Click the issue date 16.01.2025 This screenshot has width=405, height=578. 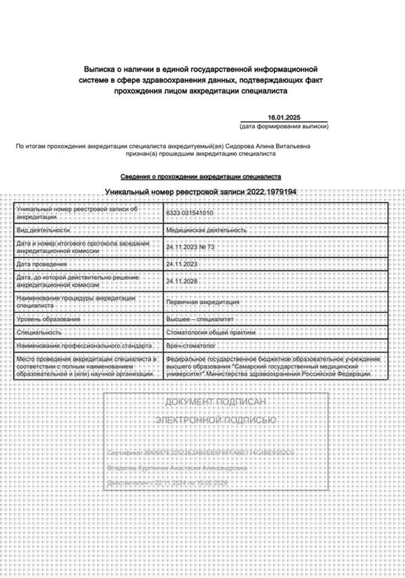point(284,117)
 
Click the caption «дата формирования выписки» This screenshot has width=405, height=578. point(283,127)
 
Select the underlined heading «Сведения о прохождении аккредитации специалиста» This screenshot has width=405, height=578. point(201,176)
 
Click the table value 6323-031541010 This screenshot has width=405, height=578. point(190,213)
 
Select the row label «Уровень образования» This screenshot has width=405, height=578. point(49,319)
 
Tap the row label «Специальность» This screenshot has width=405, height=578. point(39,332)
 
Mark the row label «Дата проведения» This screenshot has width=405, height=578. point(42,264)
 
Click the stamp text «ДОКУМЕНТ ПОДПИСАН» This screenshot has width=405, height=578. point(216,402)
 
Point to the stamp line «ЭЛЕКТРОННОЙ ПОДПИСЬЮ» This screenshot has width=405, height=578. point(216,420)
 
